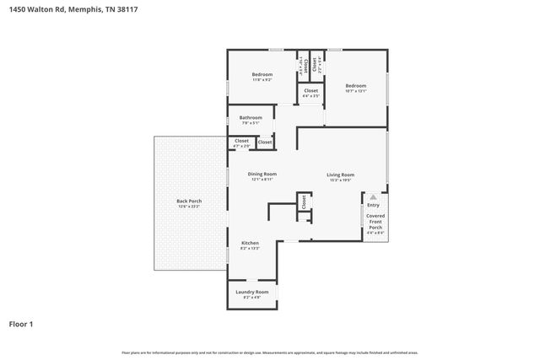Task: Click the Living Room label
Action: point(339,175)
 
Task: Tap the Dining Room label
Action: point(262,174)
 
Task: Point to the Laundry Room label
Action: point(251,292)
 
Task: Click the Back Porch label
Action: point(188,201)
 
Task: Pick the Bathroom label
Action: point(251,117)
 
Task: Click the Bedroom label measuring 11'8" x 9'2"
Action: point(262,74)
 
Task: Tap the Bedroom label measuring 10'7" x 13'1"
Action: point(355,85)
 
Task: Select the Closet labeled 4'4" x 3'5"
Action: point(310,90)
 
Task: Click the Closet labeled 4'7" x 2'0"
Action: point(241,141)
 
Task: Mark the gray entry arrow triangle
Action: point(373,196)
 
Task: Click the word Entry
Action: point(373,205)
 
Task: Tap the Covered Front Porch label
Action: point(375,221)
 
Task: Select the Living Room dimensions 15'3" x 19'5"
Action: point(339,180)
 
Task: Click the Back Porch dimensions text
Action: point(188,206)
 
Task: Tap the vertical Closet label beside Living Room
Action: point(301,201)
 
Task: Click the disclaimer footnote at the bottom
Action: point(270,352)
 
